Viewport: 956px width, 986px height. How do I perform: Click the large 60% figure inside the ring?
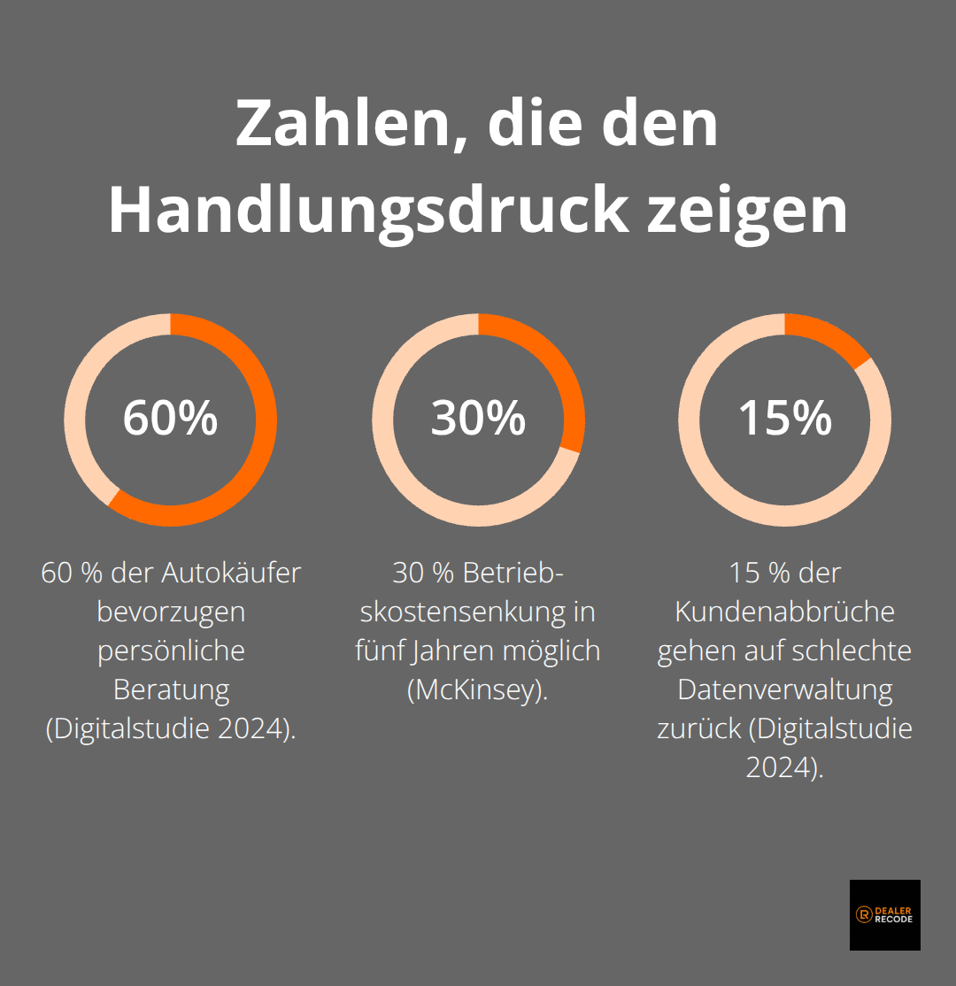170,418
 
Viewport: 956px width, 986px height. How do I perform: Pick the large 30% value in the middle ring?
478,418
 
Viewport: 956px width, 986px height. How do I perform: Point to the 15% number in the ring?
785,418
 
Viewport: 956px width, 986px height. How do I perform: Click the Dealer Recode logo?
884,914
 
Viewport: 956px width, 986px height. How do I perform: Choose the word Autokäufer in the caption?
231,573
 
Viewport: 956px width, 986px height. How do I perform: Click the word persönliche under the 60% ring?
171,651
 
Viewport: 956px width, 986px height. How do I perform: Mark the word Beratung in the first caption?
171,689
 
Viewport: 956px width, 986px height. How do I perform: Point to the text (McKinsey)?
478,689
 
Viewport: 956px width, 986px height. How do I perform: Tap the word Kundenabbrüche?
785,612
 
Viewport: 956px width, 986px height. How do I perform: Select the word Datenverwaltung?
785,689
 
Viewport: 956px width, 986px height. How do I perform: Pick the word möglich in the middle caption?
554,651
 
